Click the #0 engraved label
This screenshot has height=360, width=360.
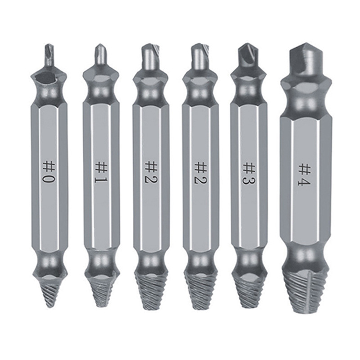point(49,172)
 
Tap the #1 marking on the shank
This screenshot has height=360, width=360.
point(100,174)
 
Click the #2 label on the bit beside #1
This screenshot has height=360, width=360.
point(151,173)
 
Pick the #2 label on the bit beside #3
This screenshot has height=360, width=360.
point(200,174)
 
